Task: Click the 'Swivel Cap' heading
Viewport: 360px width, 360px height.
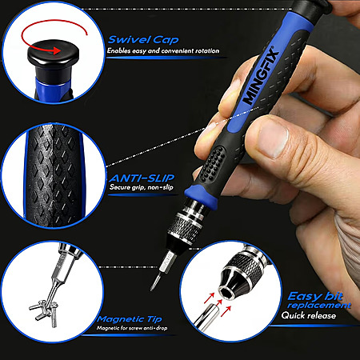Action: pyautogui.click(x=143, y=40)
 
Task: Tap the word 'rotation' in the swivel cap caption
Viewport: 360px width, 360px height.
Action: pyautogui.click(x=207, y=50)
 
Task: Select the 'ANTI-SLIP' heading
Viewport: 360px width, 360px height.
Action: pyautogui.click(x=142, y=178)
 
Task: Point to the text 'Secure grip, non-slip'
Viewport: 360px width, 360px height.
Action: pyautogui.click(x=142, y=187)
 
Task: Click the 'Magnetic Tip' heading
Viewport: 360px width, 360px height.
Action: pyautogui.click(x=130, y=319)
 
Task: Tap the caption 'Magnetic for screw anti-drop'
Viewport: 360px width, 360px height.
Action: pyautogui.click(x=132, y=328)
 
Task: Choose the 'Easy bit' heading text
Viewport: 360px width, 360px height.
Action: pyautogui.click(x=315, y=296)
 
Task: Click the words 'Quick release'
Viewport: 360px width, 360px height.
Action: pyautogui.click(x=309, y=315)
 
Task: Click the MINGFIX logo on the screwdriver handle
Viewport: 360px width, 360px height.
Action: pyautogui.click(x=261, y=76)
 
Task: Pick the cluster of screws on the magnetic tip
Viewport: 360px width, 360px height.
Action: pyautogui.click(x=44, y=311)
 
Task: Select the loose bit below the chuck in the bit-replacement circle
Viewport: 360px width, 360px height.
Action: pyautogui.click(x=206, y=317)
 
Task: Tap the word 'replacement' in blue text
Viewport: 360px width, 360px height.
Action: pyautogui.click(x=319, y=305)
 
